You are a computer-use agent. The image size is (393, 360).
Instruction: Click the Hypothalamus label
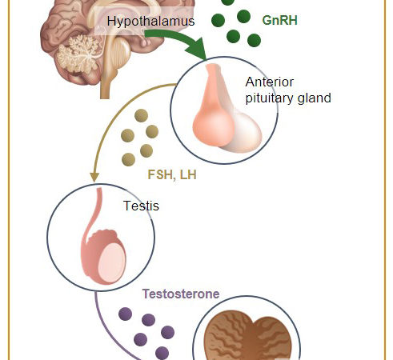tap(150, 21)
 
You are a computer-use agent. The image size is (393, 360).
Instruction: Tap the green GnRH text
tap(279, 20)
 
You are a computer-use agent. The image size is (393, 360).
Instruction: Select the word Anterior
tap(270, 82)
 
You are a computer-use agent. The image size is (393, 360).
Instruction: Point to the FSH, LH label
tap(172, 174)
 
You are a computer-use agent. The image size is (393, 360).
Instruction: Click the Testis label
tap(141, 206)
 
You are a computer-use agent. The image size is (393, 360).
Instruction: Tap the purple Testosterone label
tap(181, 294)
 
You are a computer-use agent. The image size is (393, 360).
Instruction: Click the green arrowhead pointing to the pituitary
tap(198, 48)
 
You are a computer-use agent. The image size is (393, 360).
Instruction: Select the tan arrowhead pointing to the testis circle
tap(94, 177)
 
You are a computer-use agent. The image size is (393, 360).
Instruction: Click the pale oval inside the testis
tap(111, 262)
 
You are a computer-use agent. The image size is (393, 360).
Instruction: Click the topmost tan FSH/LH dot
tap(141, 115)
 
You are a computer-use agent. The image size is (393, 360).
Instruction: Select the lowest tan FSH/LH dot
tap(128, 159)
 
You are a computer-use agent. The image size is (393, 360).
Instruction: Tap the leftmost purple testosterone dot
tap(125, 314)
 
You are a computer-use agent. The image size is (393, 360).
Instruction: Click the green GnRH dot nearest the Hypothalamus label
tap(218, 21)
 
